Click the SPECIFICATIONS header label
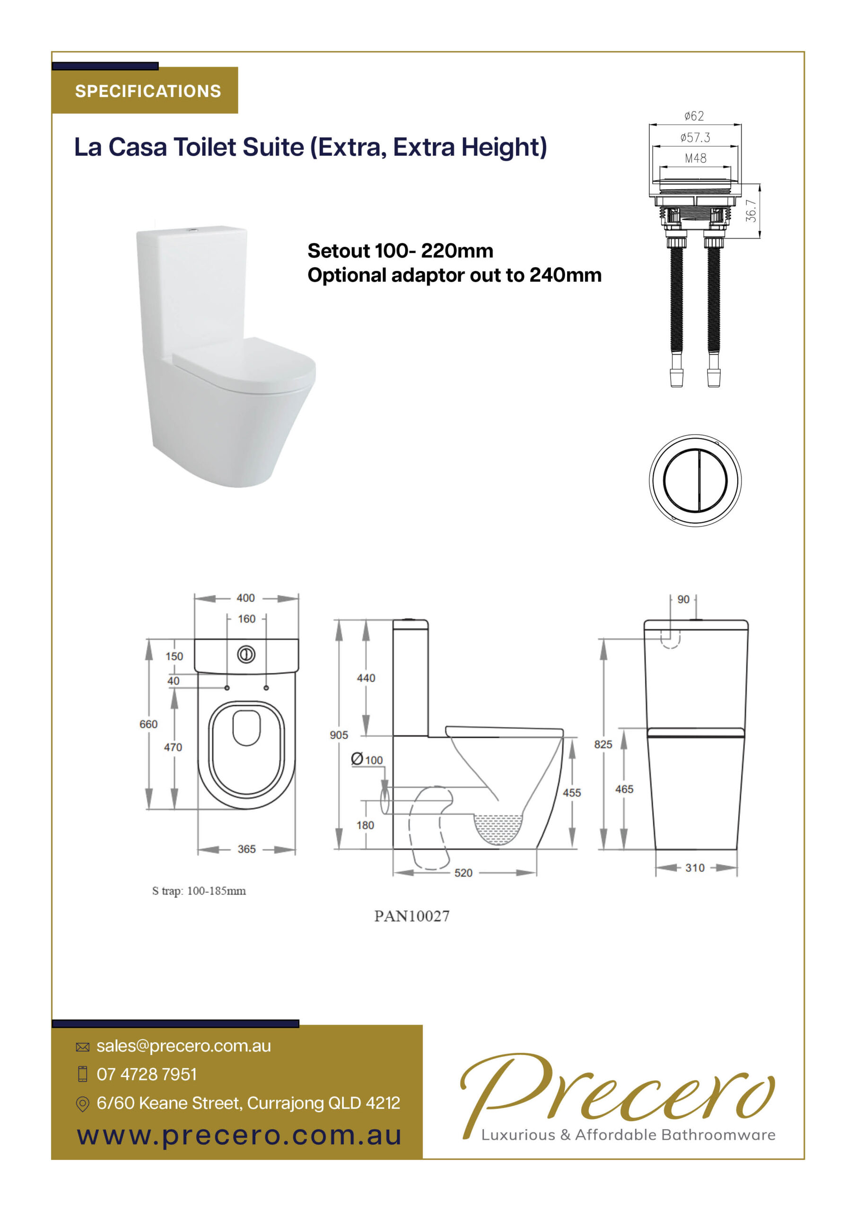coord(148,91)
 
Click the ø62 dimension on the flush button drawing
coord(694,115)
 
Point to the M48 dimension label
coord(695,158)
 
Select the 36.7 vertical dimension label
coord(751,211)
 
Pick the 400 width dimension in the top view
coord(246,597)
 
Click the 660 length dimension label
coord(148,724)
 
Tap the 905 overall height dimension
coord(339,735)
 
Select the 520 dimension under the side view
coord(463,873)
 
